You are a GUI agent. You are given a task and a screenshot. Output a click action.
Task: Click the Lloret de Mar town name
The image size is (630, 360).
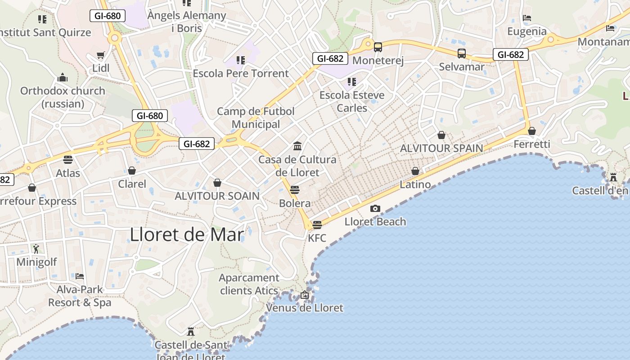[x=187, y=234]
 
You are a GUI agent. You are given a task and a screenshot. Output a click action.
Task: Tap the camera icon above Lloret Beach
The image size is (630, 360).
[x=375, y=208]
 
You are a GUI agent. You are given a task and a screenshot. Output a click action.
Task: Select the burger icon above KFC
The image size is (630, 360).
[x=317, y=225]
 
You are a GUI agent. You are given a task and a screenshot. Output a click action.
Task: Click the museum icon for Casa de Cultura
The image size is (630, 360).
[x=297, y=146]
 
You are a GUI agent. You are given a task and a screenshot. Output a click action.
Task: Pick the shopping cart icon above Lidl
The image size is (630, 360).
[x=101, y=55]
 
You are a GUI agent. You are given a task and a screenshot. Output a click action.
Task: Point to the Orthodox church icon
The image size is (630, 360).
[x=63, y=77]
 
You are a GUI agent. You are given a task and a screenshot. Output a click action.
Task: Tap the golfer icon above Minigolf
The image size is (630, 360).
[x=36, y=248]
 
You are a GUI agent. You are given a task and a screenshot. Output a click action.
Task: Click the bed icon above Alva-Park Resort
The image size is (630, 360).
[x=80, y=276]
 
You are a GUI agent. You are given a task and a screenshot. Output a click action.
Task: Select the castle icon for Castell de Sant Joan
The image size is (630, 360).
[x=191, y=332]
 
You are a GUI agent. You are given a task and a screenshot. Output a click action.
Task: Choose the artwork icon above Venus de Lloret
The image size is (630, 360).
[x=305, y=295]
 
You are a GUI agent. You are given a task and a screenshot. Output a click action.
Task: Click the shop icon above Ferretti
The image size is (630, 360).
[x=532, y=131]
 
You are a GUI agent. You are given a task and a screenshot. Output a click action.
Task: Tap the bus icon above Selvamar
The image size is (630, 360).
[x=462, y=54]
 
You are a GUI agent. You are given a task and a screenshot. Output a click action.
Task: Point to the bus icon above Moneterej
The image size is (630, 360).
[x=378, y=47]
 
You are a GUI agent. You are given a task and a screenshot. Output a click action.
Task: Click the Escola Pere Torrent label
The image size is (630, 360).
[x=241, y=73]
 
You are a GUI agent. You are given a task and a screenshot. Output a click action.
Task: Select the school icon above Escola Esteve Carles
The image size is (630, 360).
[x=352, y=82]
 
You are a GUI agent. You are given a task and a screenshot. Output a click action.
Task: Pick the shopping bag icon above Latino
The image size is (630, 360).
[x=415, y=171]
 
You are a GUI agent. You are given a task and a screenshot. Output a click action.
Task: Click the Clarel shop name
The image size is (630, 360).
[x=132, y=184]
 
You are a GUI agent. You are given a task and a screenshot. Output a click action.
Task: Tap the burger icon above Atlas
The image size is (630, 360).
[x=68, y=160]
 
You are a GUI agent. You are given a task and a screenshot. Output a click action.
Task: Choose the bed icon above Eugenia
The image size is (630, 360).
[x=527, y=18]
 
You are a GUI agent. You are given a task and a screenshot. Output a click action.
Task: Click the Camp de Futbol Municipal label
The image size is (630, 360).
[x=256, y=117]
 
